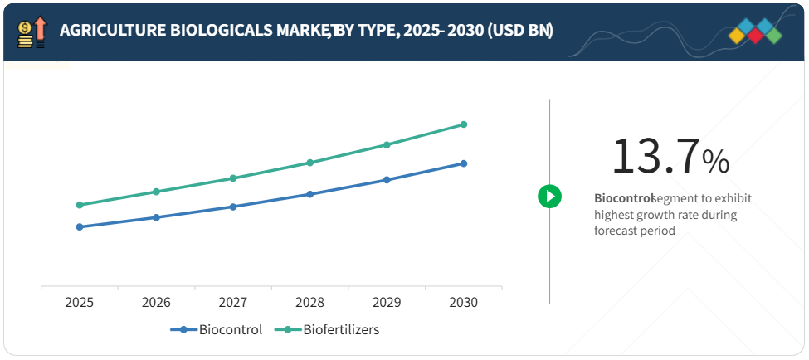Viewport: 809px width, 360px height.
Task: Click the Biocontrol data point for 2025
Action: coord(80,226)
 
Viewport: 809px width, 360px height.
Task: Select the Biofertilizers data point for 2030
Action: coord(464,124)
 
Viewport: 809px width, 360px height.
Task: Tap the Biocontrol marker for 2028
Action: coord(310,194)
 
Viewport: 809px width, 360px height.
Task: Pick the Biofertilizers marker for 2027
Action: coord(233,178)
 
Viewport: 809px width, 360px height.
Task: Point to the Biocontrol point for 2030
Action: coord(464,163)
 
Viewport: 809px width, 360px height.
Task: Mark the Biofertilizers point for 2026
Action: coord(156,192)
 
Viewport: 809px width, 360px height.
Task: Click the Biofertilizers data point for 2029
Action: coord(387,144)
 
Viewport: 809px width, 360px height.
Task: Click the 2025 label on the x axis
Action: coord(80,303)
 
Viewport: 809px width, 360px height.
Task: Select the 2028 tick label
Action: coord(310,303)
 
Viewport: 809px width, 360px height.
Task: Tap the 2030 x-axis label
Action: coord(464,303)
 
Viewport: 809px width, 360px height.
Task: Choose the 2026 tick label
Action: coord(156,303)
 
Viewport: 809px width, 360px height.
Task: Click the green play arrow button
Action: coord(549,197)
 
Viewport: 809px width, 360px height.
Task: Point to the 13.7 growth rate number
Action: coord(655,156)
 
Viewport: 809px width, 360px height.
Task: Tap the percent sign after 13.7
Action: coord(716,162)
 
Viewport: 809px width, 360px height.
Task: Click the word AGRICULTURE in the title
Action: coord(109,31)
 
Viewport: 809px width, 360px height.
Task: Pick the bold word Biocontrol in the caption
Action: coord(622,199)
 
